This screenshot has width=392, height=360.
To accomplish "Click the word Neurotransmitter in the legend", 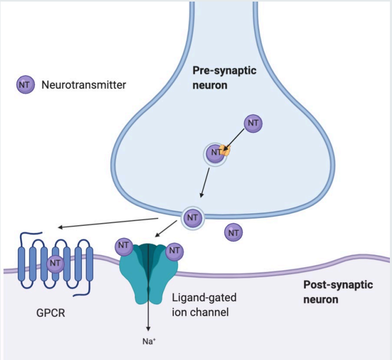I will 84,84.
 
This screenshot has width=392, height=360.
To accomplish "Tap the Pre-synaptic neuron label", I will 224,78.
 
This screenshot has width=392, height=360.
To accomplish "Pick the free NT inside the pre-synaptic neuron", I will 253,123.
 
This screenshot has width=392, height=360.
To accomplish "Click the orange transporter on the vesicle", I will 226,151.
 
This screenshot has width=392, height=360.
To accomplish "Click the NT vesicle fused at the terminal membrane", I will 192,217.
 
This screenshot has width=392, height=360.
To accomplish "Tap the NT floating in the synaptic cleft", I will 234,232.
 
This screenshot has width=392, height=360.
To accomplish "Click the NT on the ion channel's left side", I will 123,245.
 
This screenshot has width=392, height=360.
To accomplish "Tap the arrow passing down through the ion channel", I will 148,294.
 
